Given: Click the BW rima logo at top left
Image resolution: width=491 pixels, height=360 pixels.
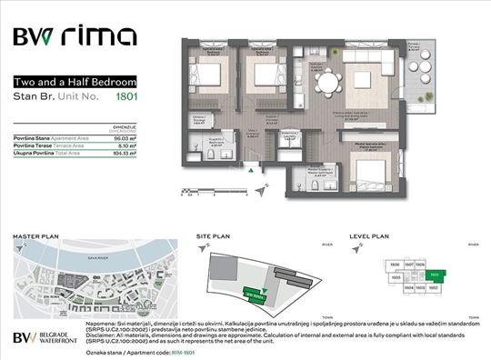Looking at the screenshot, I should point(75,37).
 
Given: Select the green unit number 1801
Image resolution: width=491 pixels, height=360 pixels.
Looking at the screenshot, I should point(150,95).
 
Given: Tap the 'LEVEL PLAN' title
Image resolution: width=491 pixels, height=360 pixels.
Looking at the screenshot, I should point(370,236).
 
